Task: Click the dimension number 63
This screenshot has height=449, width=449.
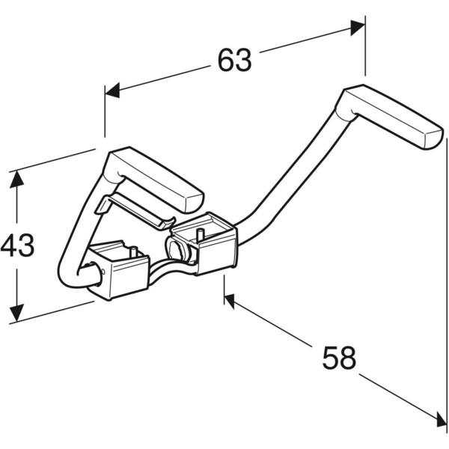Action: point(235,60)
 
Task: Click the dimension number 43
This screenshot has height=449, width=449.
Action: point(17,245)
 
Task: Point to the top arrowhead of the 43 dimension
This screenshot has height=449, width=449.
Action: point(16,179)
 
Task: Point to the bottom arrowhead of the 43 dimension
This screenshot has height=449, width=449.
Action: point(16,314)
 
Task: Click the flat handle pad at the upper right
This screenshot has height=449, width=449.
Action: point(389,117)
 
